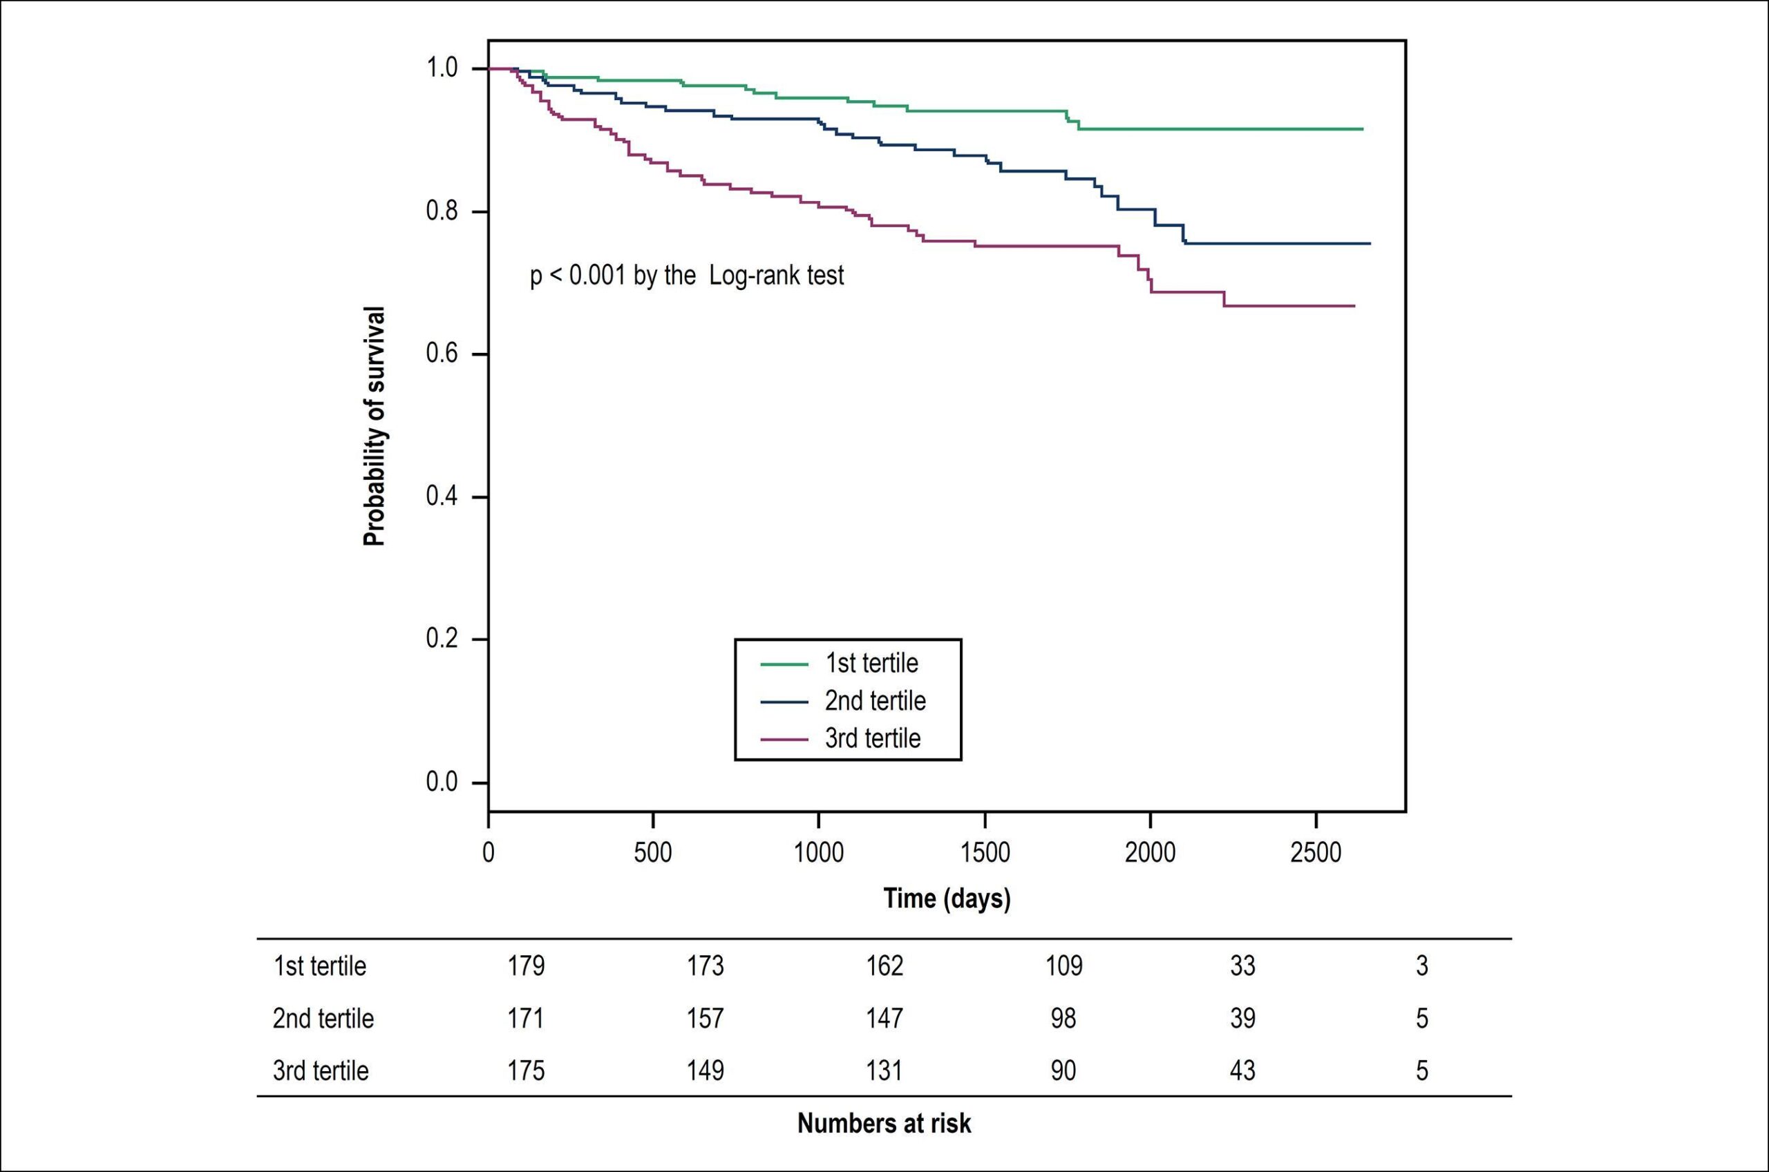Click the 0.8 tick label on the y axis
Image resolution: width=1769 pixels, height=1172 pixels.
441,211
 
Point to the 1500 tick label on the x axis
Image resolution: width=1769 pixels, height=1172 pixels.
985,852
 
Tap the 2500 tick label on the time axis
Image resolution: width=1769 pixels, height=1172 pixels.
1316,852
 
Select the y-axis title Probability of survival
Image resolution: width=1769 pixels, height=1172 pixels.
374,426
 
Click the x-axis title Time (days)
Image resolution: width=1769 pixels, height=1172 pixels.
947,899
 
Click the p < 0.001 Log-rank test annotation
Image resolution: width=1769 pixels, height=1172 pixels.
687,276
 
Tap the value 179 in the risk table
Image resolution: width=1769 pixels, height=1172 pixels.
527,966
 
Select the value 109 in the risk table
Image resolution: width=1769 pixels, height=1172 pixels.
1064,966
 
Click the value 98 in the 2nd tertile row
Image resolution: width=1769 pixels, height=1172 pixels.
1063,1018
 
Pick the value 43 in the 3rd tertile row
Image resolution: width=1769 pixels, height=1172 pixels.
1242,1070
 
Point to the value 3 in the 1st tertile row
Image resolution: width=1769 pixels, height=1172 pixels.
1422,966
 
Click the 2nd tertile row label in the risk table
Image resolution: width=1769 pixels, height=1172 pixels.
323,1018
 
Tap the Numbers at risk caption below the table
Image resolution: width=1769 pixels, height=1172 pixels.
884,1124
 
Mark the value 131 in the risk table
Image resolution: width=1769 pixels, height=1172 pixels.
884,1070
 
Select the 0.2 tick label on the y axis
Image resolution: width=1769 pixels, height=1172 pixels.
441,639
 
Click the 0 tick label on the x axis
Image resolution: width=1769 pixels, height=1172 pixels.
489,852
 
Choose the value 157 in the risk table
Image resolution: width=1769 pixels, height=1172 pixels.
706,1018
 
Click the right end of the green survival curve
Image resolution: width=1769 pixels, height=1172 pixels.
1363,129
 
